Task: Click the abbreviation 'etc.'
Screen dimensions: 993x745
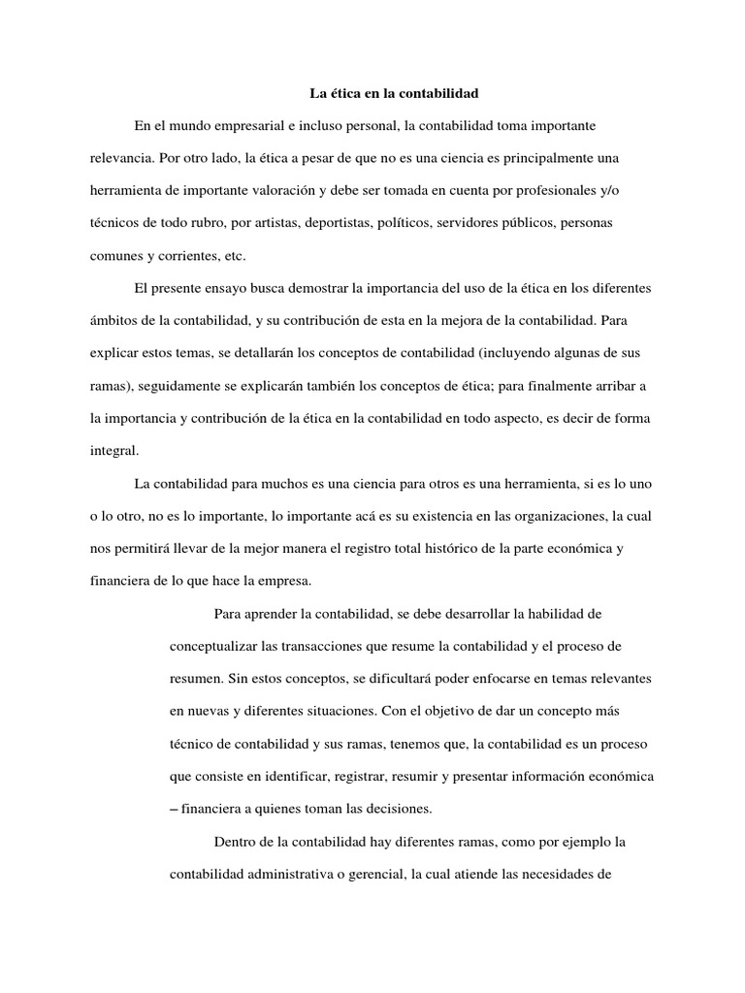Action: [x=234, y=256]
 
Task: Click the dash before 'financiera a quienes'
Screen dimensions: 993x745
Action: [x=175, y=809]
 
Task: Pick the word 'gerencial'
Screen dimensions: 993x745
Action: [x=373, y=874]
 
